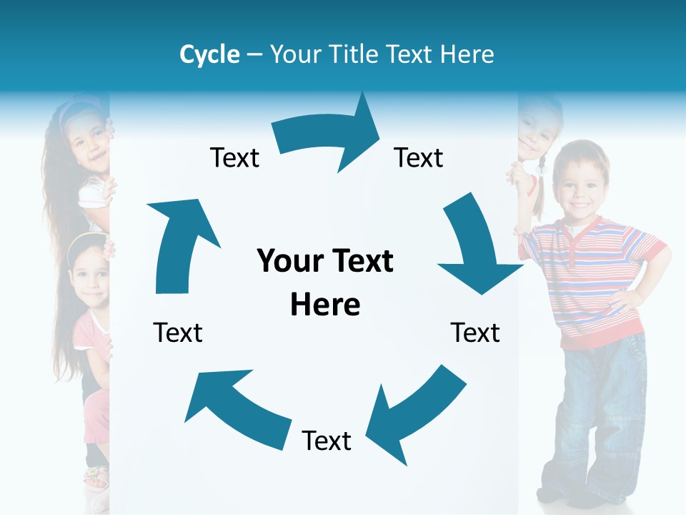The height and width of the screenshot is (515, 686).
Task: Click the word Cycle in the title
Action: pyautogui.click(x=209, y=54)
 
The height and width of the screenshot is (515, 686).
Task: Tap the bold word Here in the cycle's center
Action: pyautogui.click(x=325, y=305)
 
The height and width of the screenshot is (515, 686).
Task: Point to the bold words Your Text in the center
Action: pyautogui.click(x=325, y=261)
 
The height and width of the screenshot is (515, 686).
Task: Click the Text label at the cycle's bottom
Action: pyautogui.click(x=327, y=441)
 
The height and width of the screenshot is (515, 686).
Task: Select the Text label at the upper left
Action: pyautogui.click(x=234, y=158)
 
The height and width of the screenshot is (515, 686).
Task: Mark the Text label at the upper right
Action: pyautogui.click(x=419, y=158)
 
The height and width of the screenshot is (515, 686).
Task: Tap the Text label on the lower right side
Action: pyautogui.click(x=475, y=333)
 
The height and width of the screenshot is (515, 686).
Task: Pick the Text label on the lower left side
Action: pyautogui.click(x=178, y=333)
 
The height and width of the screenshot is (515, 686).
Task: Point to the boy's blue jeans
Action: pyautogui.click(x=600, y=415)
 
